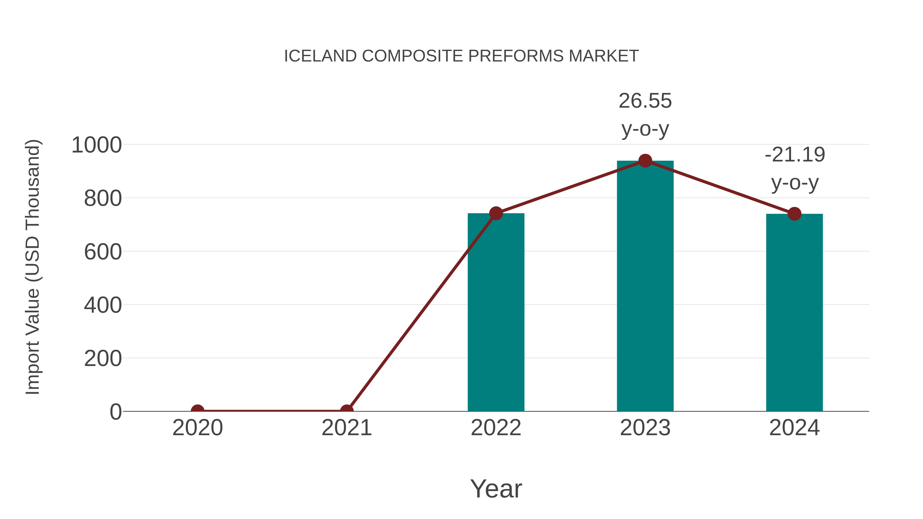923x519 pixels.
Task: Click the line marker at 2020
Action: click(198, 411)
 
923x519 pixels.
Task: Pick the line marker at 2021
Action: click(346, 411)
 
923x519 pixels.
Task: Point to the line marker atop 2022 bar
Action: click(496, 213)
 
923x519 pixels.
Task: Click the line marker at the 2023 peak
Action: click(645, 161)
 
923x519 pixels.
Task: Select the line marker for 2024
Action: click(794, 214)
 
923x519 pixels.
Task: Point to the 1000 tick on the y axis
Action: click(97, 145)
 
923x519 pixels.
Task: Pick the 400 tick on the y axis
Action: click(103, 305)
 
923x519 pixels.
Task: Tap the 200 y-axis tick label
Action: click(103, 359)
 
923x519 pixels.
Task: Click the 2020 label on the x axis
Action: click(198, 428)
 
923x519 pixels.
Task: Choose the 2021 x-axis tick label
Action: click(346, 428)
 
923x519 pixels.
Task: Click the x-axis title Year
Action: click(496, 489)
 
